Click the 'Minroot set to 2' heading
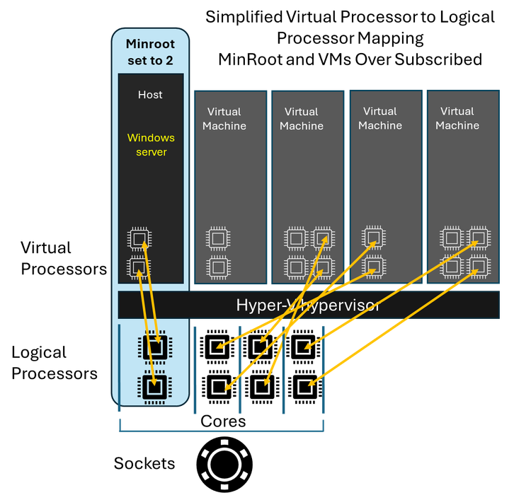(x=149, y=52)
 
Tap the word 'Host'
(x=150, y=95)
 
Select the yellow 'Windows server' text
(x=151, y=144)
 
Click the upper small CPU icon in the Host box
(x=139, y=239)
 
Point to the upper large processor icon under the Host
(x=154, y=347)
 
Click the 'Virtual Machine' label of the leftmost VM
(x=224, y=119)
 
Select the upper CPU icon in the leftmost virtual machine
(x=218, y=238)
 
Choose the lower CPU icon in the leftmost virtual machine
(x=218, y=267)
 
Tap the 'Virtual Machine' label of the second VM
(x=302, y=119)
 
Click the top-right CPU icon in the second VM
(x=323, y=238)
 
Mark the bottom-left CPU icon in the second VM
(x=296, y=267)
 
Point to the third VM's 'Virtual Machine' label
(x=380, y=118)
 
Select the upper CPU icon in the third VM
(x=374, y=238)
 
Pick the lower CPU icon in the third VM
(x=374, y=267)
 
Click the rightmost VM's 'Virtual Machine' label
(x=457, y=118)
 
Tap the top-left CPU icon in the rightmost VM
(x=452, y=238)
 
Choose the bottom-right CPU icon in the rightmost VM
(x=479, y=267)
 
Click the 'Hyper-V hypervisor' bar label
(x=308, y=306)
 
